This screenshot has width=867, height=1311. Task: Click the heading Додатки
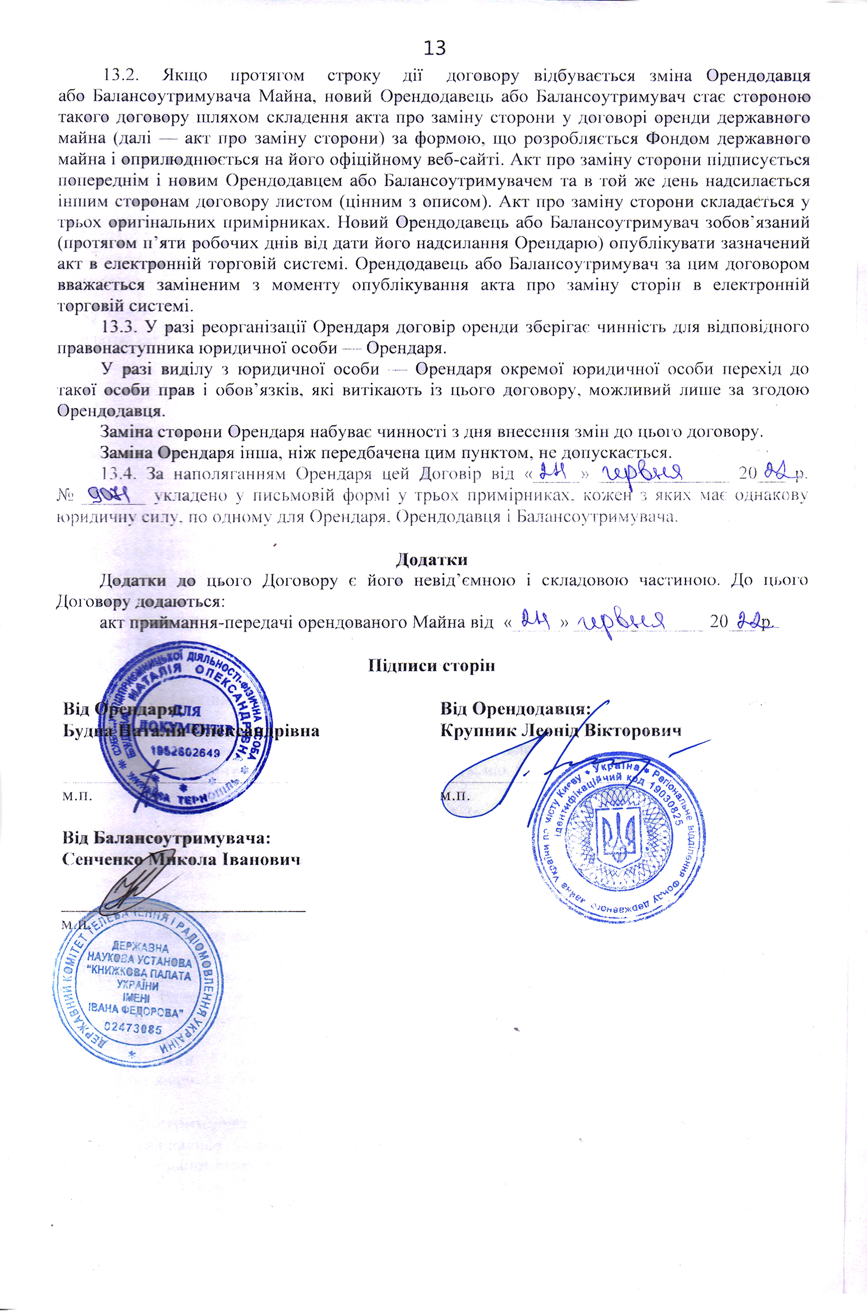tap(431, 559)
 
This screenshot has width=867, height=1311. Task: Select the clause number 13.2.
tap(121, 76)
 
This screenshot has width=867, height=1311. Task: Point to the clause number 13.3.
tap(120, 327)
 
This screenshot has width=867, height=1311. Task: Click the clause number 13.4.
tap(120, 474)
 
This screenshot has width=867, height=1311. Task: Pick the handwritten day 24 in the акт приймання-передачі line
tap(536, 620)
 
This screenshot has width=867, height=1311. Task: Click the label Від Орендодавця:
tap(516, 709)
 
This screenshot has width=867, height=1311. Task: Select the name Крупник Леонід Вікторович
tap(561, 730)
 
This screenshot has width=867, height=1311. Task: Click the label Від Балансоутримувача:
tap(167, 838)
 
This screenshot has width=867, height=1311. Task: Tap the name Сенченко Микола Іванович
tap(181, 860)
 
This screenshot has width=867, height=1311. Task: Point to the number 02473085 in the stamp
tap(134, 1028)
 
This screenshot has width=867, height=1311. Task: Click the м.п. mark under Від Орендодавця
tap(455, 796)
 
